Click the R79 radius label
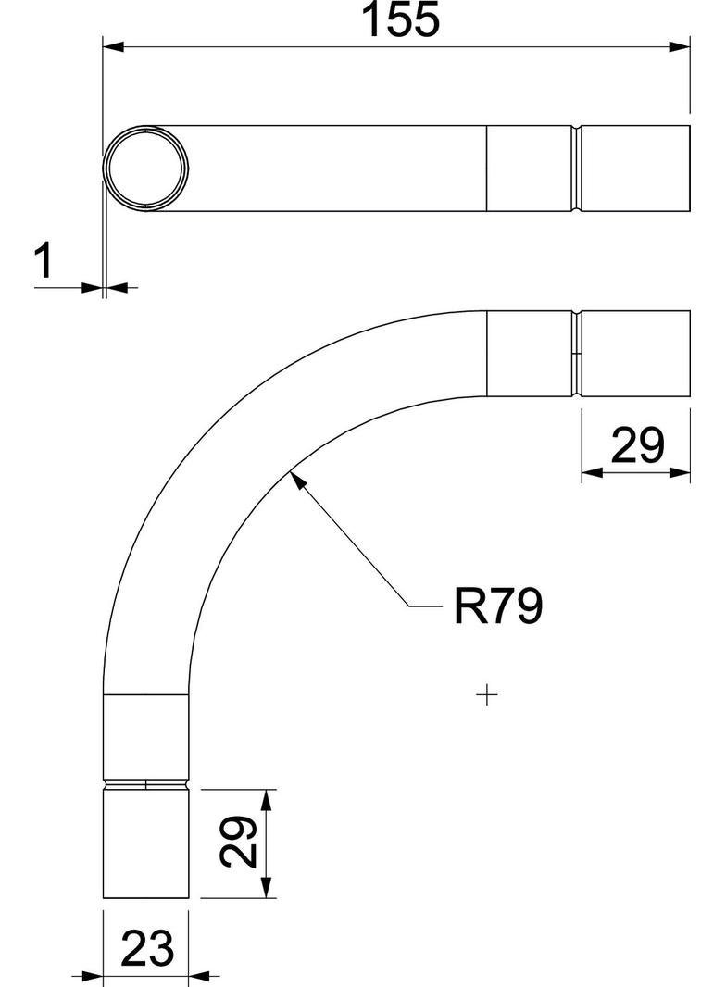pos(497,607)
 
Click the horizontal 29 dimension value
pos(637,446)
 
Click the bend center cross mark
pos(486,693)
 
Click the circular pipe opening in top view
pos(146,169)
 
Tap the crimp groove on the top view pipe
pos(577,169)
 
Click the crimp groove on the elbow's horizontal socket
pos(577,354)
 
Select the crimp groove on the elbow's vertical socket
pos(146,785)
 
